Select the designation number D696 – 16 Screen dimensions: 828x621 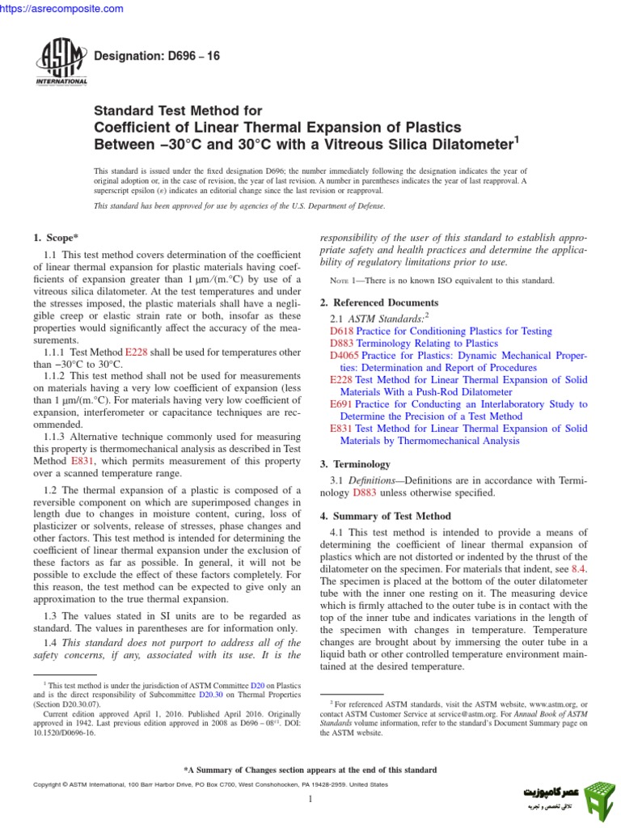click(157, 55)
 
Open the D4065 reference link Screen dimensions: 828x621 click(344, 356)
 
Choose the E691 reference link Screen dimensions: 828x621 click(340, 404)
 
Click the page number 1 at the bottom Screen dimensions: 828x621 click(310, 799)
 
